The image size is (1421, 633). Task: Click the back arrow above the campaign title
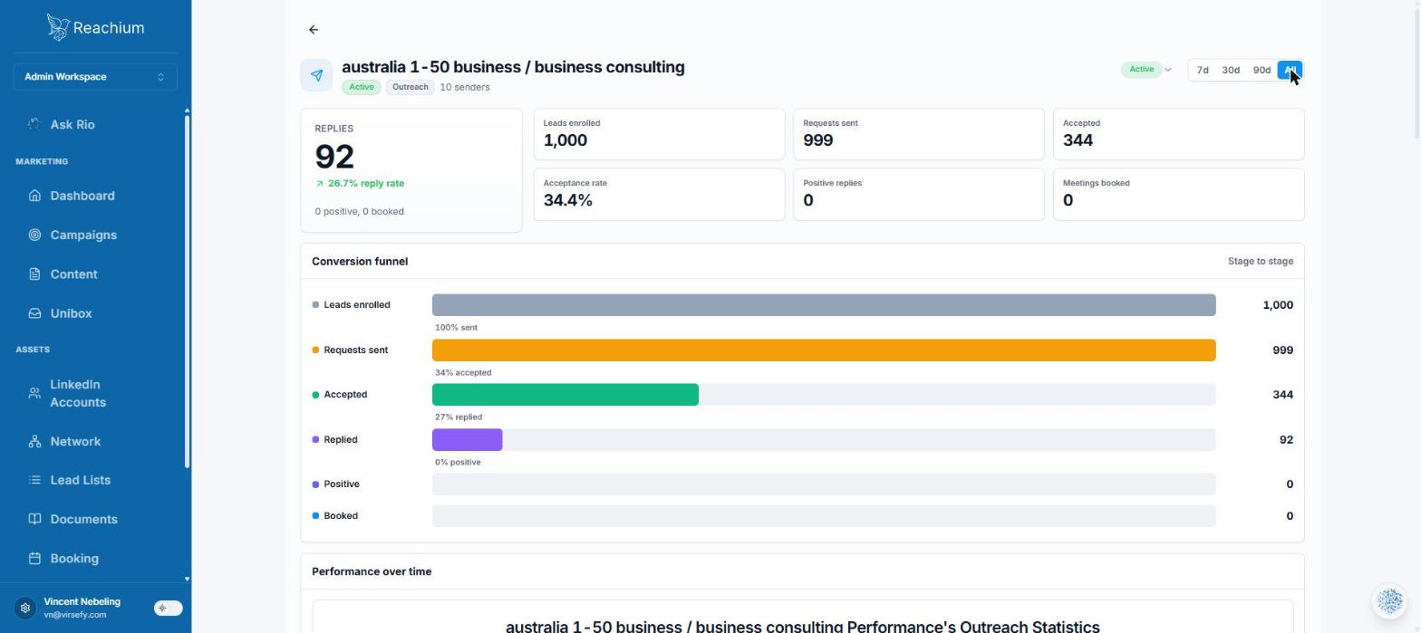click(314, 30)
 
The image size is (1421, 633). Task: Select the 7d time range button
click(1202, 70)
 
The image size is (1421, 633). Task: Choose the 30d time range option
click(1231, 70)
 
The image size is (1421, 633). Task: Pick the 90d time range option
click(1261, 70)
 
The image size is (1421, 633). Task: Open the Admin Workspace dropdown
click(95, 77)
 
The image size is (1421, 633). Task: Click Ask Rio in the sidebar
click(72, 125)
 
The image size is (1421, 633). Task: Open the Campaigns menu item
click(83, 235)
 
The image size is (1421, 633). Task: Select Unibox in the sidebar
click(71, 313)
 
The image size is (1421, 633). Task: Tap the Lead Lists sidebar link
click(80, 480)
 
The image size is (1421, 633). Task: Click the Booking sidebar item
click(74, 559)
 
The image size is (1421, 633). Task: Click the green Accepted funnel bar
click(565, 395)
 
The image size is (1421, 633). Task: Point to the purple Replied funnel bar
click(467, 440)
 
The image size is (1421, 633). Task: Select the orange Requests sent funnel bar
click(824, 350)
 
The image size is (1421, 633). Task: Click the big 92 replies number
click(334, 157)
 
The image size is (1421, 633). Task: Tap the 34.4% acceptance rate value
click(567, 200)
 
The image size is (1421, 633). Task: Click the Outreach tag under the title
click(410, 87)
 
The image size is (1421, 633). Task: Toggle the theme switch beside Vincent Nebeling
click(169, 609)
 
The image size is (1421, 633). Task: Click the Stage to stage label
click(1261, 261)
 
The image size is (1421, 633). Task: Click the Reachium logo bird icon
click(58, 27)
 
